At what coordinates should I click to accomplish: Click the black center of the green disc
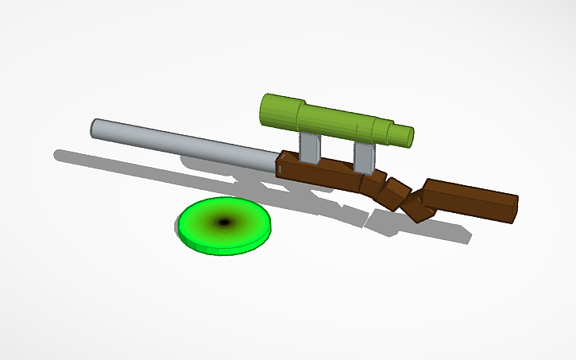click(223, 223)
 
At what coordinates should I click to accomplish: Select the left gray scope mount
click(310, 149)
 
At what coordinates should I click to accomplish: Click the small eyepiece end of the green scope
click(404, 136)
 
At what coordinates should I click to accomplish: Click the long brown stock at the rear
click(469, 201)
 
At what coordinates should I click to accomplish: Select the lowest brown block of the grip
click(416, 207)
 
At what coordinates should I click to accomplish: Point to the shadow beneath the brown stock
click(445, 230)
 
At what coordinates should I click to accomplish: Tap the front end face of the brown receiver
click(281, 167)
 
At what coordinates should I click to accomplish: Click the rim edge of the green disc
click(225, 248)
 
